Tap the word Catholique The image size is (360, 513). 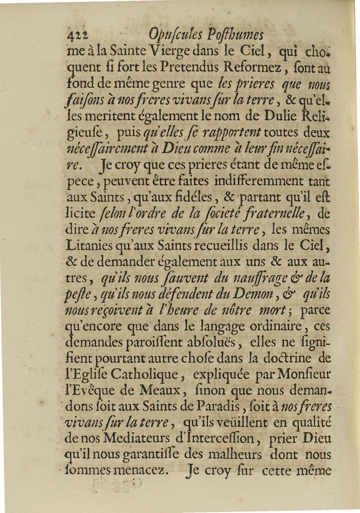point(146,375)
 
